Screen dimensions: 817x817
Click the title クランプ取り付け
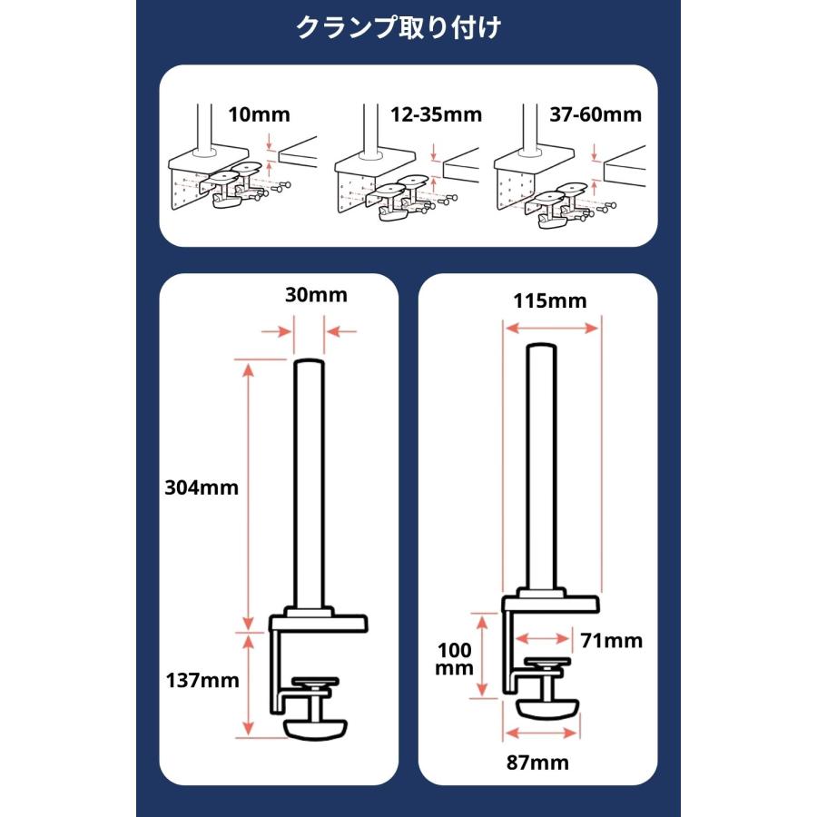[x=399, y=28]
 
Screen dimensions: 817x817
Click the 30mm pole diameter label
[x=310, y=295]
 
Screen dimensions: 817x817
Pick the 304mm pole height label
[x=202, y=487]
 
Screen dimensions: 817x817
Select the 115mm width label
[x=550, y=300]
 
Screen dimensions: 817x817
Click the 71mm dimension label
[x=612, y=641]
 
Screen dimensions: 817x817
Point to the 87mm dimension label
[x=538, y=763]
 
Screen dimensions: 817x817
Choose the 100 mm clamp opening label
[x=455, y=659]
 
